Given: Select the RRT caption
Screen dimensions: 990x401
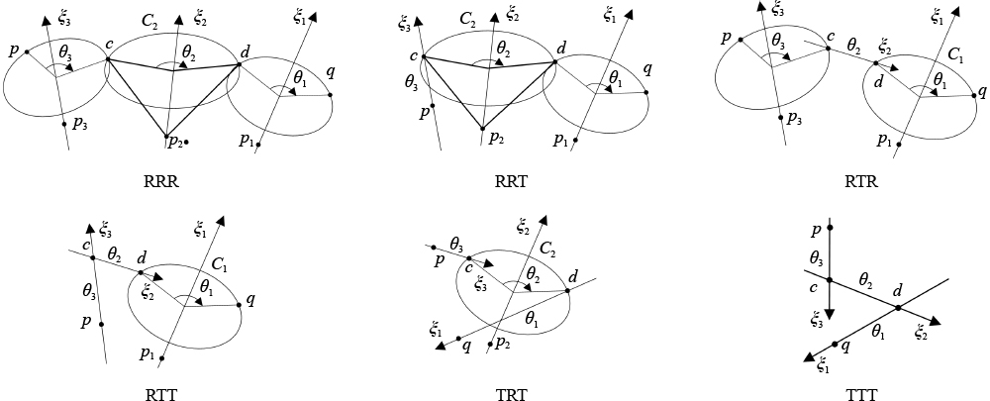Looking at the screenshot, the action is click(512, 182).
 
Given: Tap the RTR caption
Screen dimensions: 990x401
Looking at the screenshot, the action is click(862, 182).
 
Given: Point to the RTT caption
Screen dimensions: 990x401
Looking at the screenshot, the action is click(161, 395).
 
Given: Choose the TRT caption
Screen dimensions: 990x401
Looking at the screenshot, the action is click(512, 395).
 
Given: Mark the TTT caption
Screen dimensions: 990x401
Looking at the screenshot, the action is click(862, 395).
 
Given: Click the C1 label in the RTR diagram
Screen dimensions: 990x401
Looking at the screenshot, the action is click(956, 55).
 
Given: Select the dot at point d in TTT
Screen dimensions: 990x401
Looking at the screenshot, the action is click(897, 308).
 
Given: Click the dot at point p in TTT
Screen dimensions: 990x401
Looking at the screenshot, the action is click(830, 228).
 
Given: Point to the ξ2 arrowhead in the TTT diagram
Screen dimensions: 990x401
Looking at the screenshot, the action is click(936, 322).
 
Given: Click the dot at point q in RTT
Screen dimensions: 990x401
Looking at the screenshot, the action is click(240, 305).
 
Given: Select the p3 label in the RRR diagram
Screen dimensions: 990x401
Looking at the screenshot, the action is click(80, 125).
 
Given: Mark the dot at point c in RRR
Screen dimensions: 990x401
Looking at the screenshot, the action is click(108, 59).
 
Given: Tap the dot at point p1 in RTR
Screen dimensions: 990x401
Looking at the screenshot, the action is click(899, 145).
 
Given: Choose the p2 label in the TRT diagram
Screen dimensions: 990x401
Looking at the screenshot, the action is click(503, 343).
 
